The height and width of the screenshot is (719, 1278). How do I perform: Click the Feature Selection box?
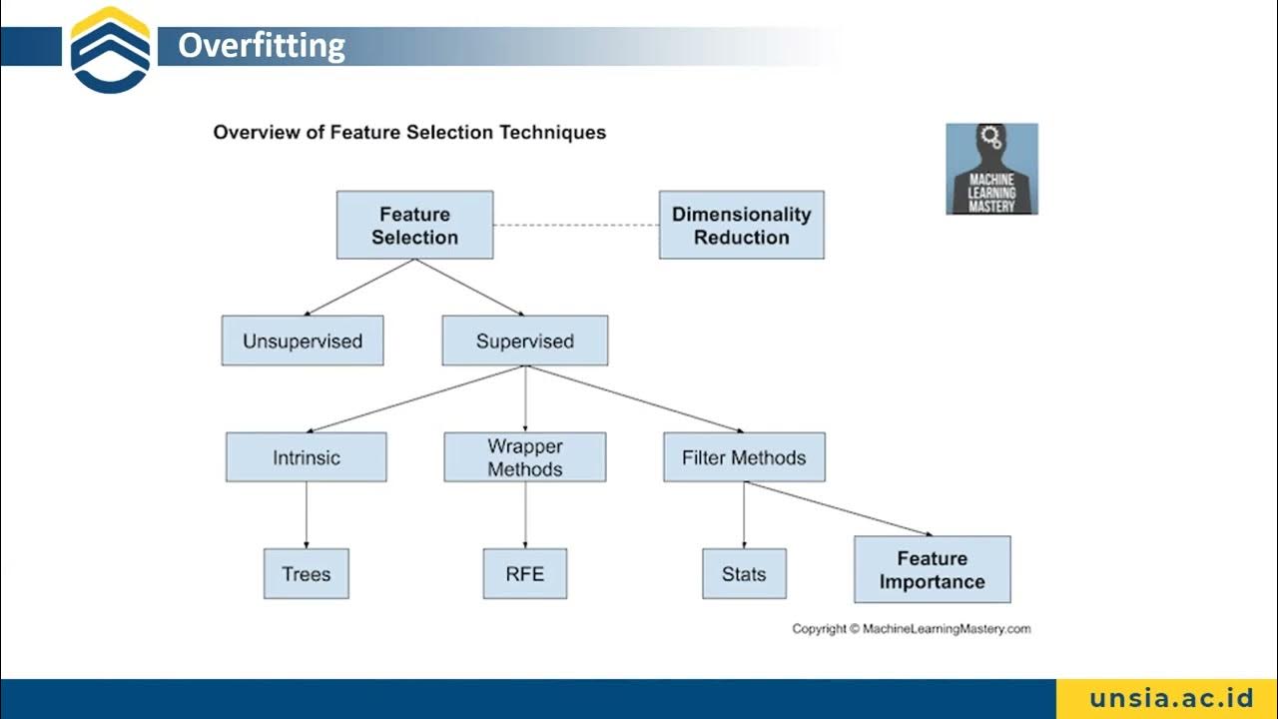pyautogui.click(x=414, y=226)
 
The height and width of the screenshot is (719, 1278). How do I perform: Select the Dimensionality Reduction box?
pyautogui.click(x=741, y=226)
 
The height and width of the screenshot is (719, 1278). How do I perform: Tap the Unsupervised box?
pyautogui.click(x=303, y=342)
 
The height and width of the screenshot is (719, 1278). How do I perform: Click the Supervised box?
pyautogui.click(x=524, y=342)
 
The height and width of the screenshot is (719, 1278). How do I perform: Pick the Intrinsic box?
pyautogui.click(x=306, y=458)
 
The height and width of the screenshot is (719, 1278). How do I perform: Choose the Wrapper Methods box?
pyautogui.click(x=524, y=458)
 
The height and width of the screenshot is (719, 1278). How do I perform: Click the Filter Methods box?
pyautogui.click(x=744, y=458)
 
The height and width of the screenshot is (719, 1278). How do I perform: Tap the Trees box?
pyautogui.click(x=306, y=574)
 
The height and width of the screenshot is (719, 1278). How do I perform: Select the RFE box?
pyautogui.click(x=524, y=574)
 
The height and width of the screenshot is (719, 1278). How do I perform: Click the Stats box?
pyautogui.click(x=744, y=574)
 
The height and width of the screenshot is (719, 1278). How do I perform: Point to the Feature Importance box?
pyautogui.click(x=932, y=570)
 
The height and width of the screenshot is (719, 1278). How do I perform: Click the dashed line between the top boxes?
pyautogui.click(x=576, y=226)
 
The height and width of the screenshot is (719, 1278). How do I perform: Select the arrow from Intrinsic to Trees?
pyautogui.click(x=306, y=515)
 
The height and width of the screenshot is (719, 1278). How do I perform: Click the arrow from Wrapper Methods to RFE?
pyautogui.click(x=525, y=515)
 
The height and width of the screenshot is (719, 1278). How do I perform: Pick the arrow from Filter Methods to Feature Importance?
pyautogui.click(x=839, y=509)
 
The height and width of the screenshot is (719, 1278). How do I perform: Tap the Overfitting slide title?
pyautogui.click(x=262, y=46)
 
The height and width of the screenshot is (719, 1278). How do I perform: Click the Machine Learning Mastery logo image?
pyautogui.click(x=991, y=169)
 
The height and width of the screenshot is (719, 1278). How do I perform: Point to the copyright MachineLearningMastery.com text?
pyautogui.click(x=911, y=629)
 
